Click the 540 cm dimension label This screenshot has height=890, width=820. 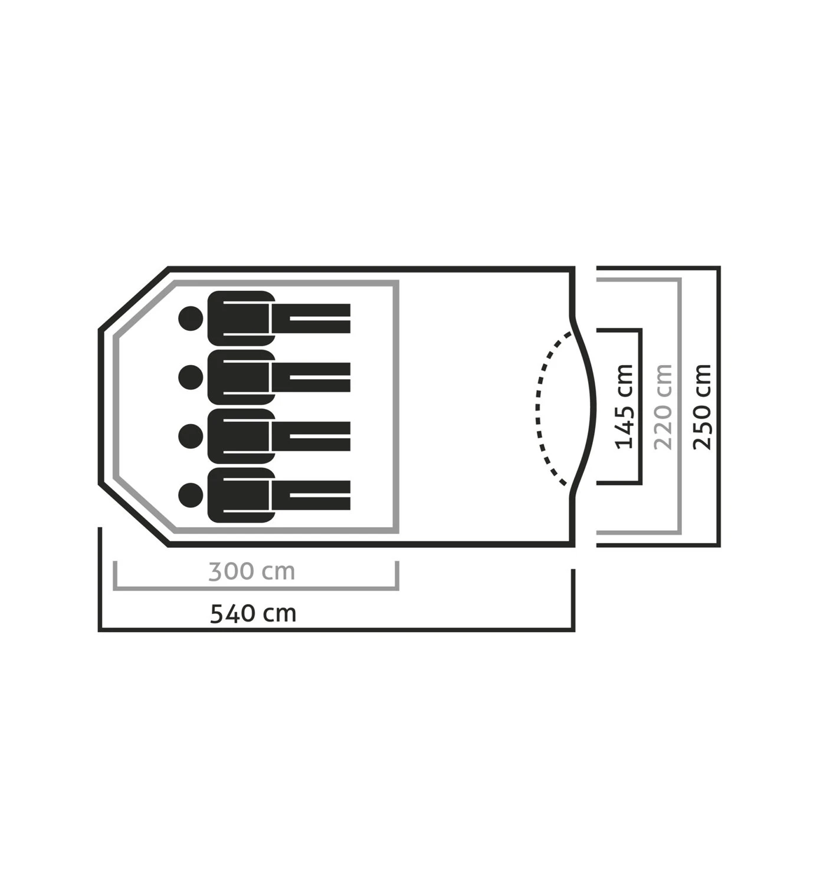pos(253,613)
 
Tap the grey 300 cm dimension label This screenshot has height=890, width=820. pos(252,571)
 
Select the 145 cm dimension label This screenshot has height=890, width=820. pos(624,406)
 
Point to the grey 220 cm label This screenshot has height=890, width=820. pos(663,406)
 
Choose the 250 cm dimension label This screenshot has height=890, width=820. pos(702,406)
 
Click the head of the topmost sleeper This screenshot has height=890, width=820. pos(191,318)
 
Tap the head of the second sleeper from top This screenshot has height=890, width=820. pos(191,377)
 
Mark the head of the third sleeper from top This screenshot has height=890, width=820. pos(191,436)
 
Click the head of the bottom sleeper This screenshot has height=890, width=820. pos(191,495)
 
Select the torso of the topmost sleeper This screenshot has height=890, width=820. pos(241,318)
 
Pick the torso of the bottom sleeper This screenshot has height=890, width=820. pos(241,495)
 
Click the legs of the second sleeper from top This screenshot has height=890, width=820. pos(311,377)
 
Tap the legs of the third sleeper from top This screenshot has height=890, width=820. pos(311,436)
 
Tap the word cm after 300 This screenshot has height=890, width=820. pos(278,572)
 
